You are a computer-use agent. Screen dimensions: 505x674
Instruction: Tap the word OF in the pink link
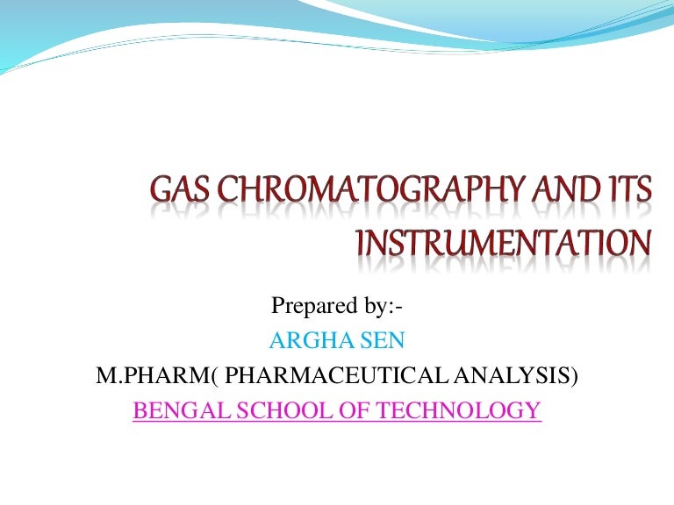(343, 409)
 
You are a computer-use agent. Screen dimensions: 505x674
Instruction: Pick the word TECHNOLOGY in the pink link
(453, 409)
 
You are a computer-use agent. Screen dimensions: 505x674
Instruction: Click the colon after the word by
(398, 308)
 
